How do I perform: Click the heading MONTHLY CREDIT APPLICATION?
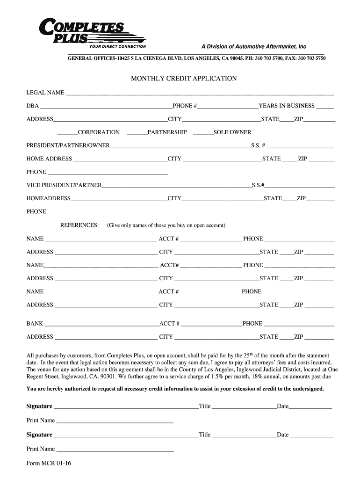183,79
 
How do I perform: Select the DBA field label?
33,106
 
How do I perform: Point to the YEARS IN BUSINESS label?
287,106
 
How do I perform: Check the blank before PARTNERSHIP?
137,133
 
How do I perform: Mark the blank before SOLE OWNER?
203,133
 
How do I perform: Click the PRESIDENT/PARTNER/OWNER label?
68,145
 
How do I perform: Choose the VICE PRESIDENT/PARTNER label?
64,185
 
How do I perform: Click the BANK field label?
35,323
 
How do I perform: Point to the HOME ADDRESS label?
49,159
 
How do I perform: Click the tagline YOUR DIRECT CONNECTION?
118,47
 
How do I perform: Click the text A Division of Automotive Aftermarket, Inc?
253,47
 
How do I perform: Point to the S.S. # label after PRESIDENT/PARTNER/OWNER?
258,145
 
